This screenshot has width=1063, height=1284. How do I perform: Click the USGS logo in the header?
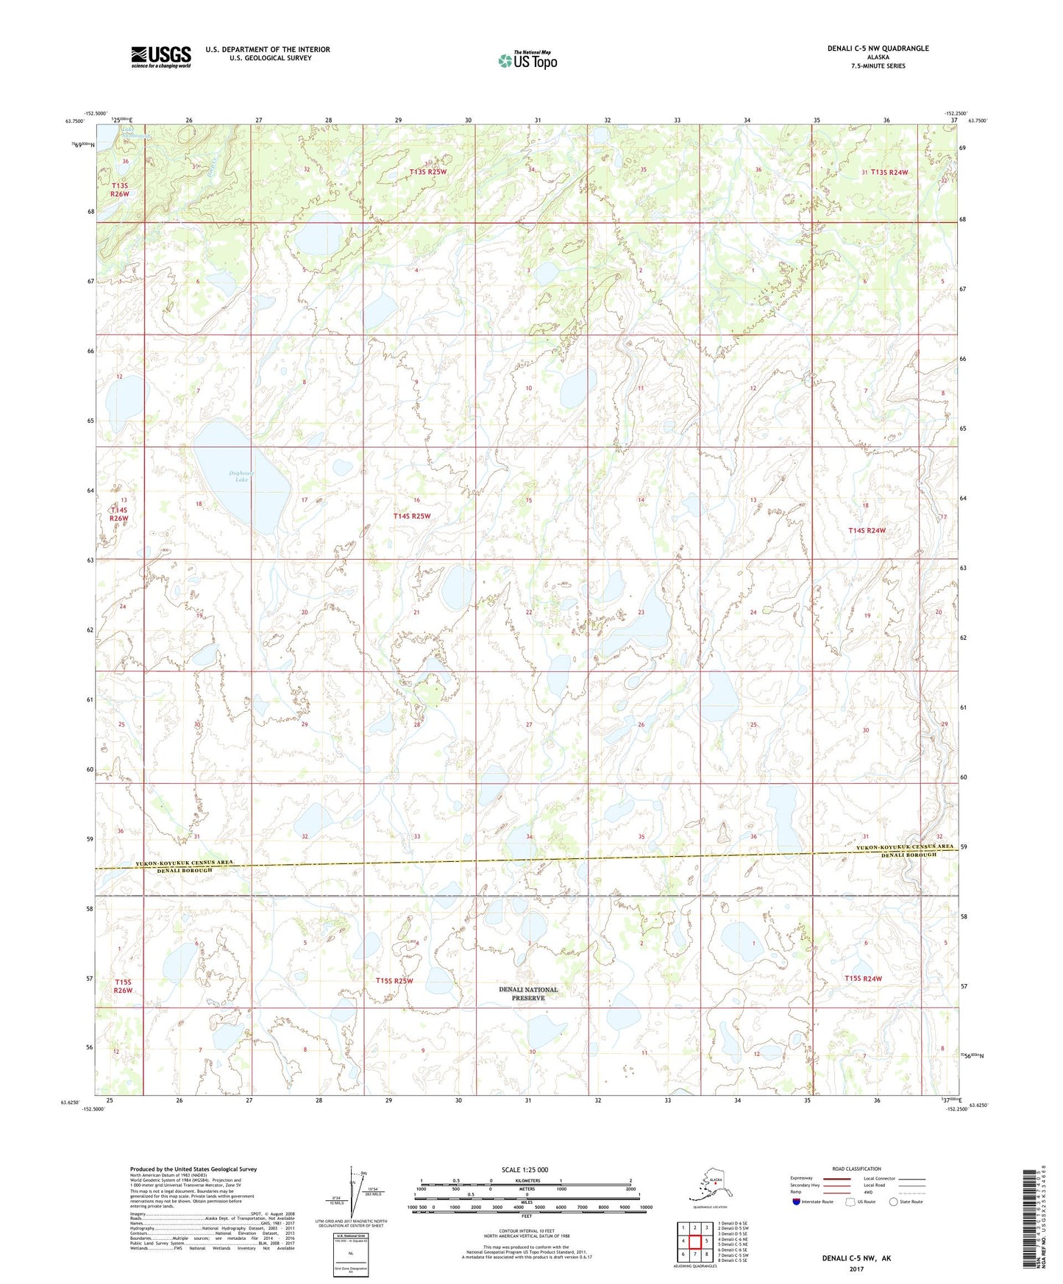pos(160,57)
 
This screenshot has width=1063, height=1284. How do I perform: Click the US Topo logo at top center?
pos(527,60)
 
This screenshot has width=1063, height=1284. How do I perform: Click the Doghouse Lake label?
pos(241,477)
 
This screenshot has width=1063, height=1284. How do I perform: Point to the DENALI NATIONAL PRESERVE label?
pos(528,994)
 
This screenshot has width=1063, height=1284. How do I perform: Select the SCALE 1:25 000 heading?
pos(525,1169)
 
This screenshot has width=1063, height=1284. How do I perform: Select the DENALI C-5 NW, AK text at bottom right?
pos(856,1258)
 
